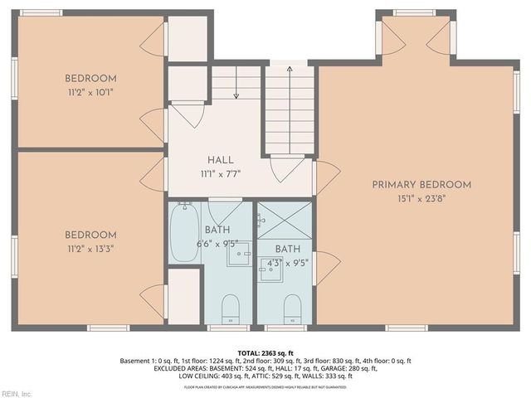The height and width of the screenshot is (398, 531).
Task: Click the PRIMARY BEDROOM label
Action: (421, 185)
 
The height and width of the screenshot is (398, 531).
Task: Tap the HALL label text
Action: (220, 160)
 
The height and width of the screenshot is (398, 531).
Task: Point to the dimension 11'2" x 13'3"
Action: (90, 248)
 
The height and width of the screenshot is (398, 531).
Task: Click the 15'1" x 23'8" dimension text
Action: (421, 198)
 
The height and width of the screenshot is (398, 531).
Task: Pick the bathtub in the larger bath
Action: (184, 233)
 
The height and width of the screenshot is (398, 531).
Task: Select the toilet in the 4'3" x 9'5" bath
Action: (292, 309)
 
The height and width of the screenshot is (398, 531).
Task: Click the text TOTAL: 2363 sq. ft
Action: (265, 352)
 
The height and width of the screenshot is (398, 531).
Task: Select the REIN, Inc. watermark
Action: (17, 393)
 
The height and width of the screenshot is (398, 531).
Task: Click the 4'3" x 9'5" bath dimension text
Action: (288, 262)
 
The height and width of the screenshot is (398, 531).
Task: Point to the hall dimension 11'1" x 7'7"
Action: (220, 174)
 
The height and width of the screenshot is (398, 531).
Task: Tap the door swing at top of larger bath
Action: (225, 209)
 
